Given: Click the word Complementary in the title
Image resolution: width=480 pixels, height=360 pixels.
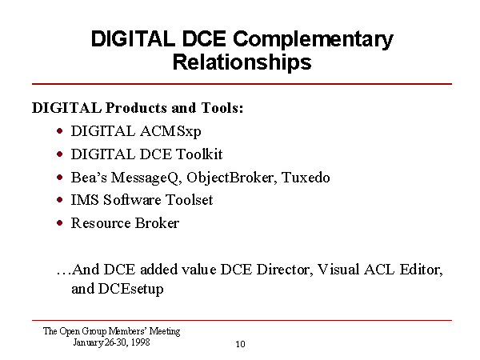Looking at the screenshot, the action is [313, 40].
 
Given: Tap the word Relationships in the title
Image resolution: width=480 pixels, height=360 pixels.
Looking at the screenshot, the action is [242, 62].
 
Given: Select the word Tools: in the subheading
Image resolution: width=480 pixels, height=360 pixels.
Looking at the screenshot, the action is [222, 108].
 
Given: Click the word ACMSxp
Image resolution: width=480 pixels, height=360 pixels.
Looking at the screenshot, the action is [171, 132].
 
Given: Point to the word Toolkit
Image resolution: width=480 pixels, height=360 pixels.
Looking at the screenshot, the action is [199, 154].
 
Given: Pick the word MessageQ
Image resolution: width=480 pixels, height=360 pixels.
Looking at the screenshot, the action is [146, 178].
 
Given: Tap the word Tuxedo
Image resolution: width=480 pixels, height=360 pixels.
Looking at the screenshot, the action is [306, 178].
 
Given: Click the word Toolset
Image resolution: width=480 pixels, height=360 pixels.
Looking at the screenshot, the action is [189, 200].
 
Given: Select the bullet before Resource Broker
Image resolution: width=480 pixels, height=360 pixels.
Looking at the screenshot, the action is [60, 223].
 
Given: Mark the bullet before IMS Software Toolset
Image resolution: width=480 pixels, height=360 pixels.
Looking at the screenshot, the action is [60, 200].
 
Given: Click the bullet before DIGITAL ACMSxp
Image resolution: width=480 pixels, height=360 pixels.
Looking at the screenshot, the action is [60, 131].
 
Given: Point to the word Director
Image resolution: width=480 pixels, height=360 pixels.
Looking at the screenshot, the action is [285, 270].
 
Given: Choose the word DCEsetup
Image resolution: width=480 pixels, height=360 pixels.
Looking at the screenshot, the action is [130, 289].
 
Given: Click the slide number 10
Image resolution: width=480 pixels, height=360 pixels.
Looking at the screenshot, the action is [240, 344].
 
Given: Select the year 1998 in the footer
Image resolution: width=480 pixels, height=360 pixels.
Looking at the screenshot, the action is [141, 342].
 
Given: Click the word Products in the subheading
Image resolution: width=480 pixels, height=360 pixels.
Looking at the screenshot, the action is [136, 108].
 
